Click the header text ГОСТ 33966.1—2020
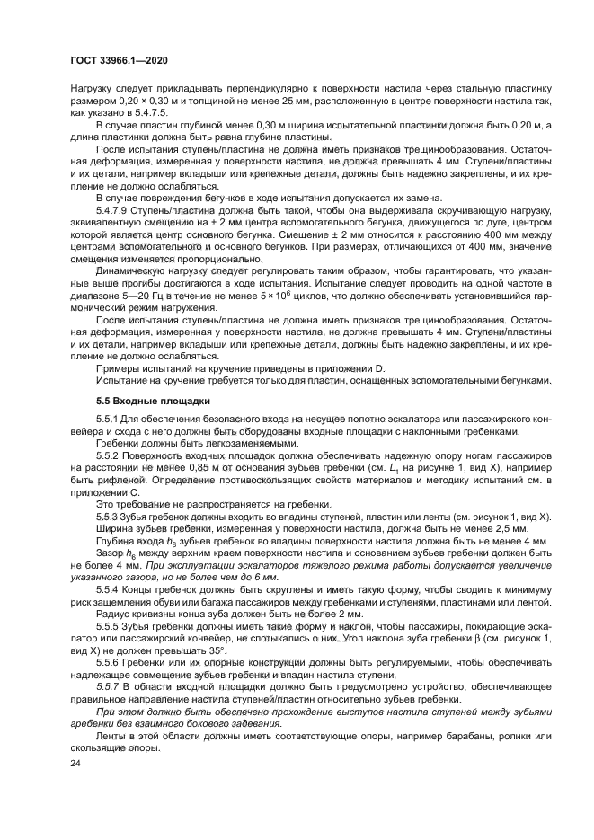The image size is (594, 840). point(118,60)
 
